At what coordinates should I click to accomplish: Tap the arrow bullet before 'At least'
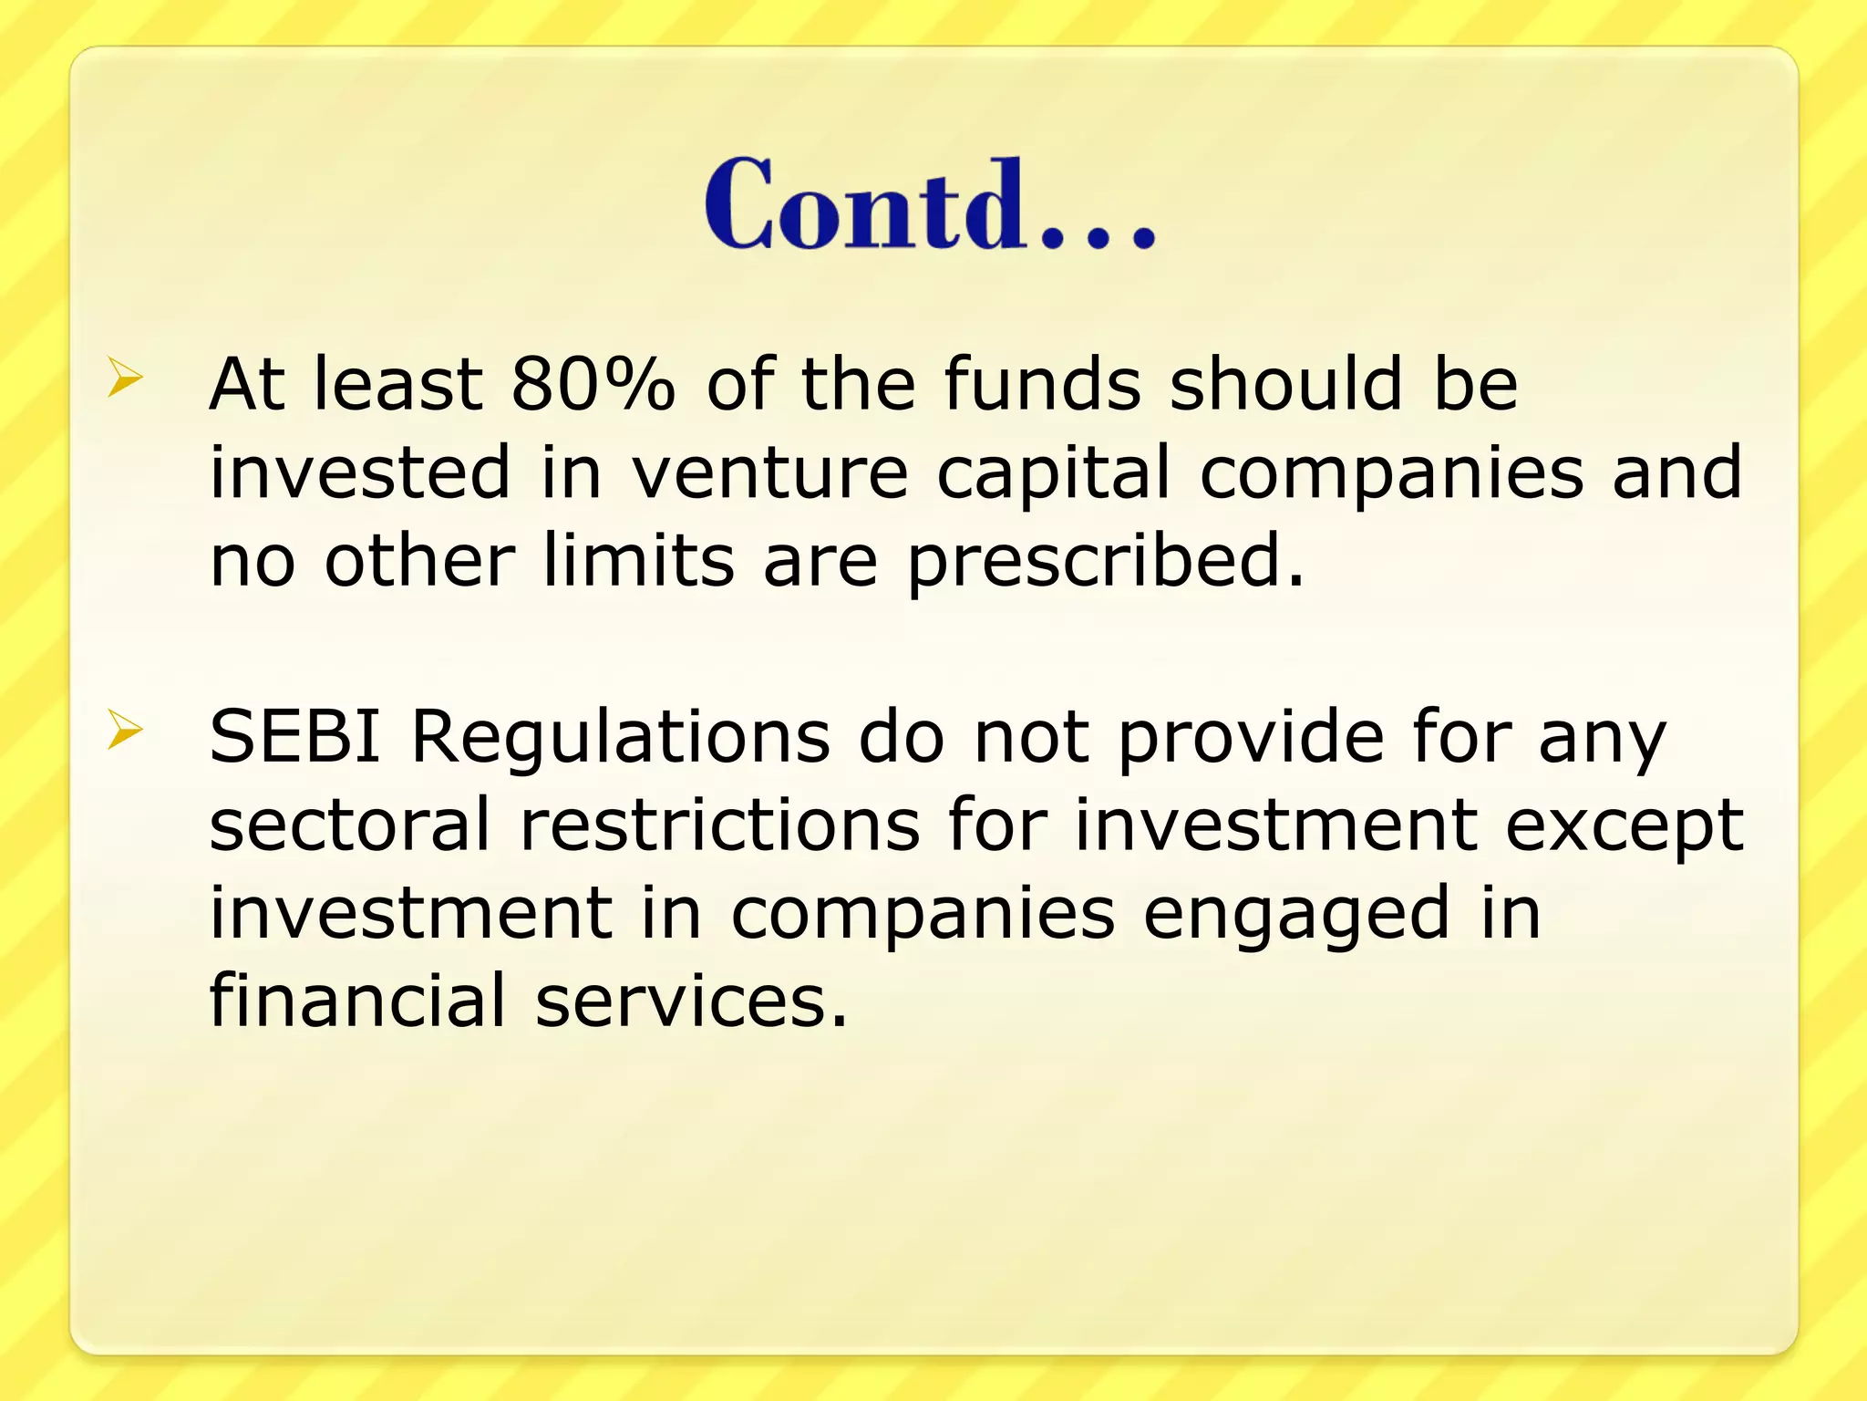click(x=125, y=378)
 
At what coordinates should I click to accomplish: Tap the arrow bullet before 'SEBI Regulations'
click(x=125, y=731)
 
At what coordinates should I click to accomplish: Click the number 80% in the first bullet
click(x=593, y=383)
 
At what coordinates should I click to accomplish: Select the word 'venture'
click(x=770, y=472)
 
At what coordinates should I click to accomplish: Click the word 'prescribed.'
click(x=1106, y=562)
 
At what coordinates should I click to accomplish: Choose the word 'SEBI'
click(x=294, y=735)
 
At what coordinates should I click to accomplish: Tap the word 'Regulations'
click(x=620, y=737)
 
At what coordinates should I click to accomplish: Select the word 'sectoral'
click(x=350, y=824)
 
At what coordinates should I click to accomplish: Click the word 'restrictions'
click(x=720, y=824)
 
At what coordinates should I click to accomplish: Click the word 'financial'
click(x=357, y=1000)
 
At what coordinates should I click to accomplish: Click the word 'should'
click(x=1286, y=383)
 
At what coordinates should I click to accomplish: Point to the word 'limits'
click(x=639, y=560)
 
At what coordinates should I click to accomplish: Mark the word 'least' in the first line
click(x=397, y=383)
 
